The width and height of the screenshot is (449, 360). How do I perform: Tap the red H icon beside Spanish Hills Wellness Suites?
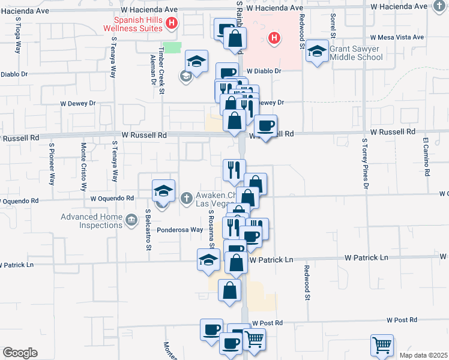[x=172, y=24]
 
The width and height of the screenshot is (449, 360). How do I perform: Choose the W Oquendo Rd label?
[x=112, y=198]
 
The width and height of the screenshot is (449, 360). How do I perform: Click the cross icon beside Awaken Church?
[x=187, y=197]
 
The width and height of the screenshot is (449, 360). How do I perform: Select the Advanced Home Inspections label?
[x=92, y=221]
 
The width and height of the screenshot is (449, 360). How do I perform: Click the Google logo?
[x=20, y=353]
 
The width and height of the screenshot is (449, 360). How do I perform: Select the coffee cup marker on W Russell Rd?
[x=265, y=126]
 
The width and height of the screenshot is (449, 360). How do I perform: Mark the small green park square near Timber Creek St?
[x=173, y=47]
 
